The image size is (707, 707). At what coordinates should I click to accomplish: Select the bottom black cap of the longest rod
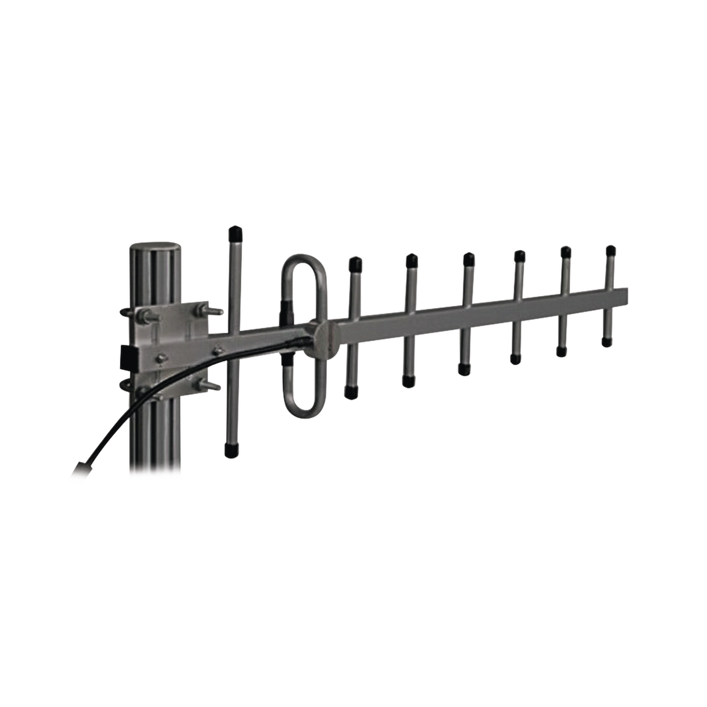pos(229,451)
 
